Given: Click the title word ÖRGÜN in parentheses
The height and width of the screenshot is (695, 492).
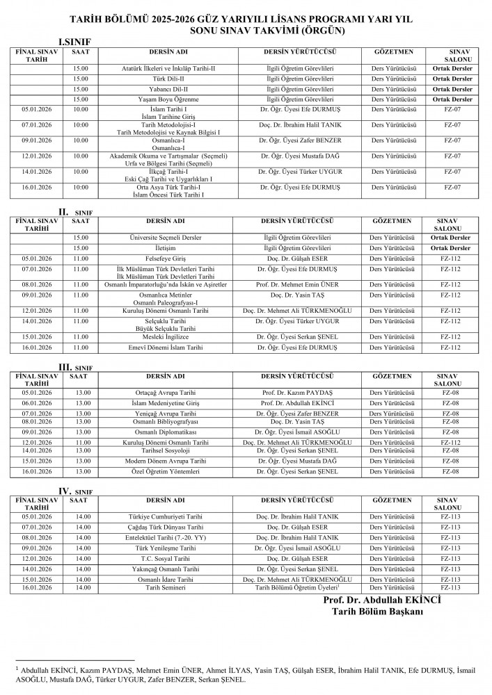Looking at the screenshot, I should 322,31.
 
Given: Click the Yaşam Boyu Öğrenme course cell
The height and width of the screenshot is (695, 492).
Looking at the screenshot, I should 166,99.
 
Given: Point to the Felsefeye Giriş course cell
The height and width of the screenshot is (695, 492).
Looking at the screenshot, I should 166,258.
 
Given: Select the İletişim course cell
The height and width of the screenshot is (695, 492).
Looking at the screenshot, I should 166,248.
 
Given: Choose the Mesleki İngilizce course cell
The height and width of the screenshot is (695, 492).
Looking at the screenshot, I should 166,336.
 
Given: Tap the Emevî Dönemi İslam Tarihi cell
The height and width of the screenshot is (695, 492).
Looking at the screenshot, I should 166,347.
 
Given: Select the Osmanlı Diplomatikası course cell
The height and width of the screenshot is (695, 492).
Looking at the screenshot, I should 166,432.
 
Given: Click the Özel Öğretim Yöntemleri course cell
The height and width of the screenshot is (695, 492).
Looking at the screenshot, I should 166,471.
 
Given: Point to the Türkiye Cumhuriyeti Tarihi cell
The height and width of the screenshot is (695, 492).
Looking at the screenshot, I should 166,517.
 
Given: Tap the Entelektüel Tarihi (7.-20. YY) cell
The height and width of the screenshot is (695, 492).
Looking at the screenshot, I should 166,537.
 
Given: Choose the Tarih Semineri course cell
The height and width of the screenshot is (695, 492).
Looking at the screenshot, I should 166,588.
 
